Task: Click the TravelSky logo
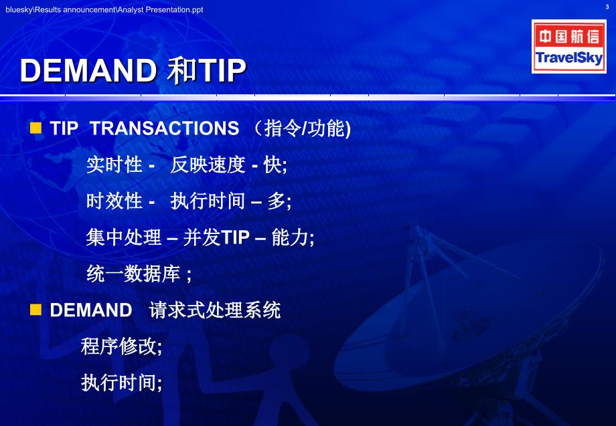click(x=569, y=46)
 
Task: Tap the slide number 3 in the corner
click(x=607, y=7)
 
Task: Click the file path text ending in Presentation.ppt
click(x=104, y=10)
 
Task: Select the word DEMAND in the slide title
click(x=88, y=71)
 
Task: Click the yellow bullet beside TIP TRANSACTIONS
click(x=35, y=128)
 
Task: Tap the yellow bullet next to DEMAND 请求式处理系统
click(x=35, y=310)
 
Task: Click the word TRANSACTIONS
click(x=164, y=128)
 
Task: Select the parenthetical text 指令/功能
click(x=303, y=128)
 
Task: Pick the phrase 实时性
click(x=114, y=165)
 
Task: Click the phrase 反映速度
click(x=208, y=165)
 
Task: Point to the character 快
click(x=273, y=165)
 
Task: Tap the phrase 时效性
click(x=114, y=201)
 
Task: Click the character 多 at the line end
click(x=277, y=201)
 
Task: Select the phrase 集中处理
click(x=123, y=237)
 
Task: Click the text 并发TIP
click(x=216, y=237)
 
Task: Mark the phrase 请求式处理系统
click(x=214, y=310)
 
